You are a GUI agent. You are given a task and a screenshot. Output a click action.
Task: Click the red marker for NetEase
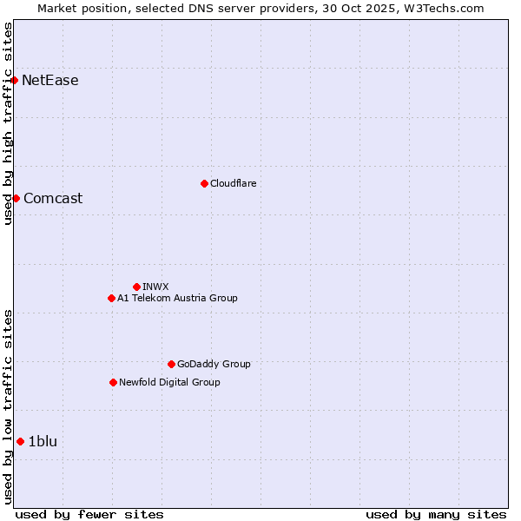(15, 81)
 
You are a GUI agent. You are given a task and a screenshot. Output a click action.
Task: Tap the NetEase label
(49, 81)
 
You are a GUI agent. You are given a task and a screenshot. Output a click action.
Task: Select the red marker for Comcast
(16, 198)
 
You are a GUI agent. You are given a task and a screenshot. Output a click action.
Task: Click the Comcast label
(53, 198)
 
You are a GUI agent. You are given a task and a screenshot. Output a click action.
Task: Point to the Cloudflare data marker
(204, 183)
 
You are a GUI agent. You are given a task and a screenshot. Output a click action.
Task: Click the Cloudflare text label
(233, 183)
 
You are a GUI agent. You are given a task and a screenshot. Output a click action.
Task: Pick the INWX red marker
(136, 287)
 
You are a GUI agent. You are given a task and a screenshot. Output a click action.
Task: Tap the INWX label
(155, 287)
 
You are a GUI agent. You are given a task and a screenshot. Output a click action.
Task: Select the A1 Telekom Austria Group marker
(111, 298)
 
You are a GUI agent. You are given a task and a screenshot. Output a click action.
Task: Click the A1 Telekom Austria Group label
(177, 298)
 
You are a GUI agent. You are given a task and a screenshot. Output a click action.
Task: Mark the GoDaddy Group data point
(171, 364)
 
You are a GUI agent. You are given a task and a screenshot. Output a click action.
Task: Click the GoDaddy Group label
(214, 364)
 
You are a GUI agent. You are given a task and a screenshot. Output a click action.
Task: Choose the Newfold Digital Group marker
(113, 382)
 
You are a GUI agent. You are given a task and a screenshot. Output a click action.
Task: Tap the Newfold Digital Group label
(169, 382)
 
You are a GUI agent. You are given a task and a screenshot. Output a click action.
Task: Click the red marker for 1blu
(20, 441)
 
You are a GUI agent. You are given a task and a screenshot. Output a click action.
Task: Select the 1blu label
(43, 441)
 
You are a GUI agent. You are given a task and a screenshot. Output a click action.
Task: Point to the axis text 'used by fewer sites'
(89, 514)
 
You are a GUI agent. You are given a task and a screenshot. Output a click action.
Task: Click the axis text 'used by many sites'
(436, 514)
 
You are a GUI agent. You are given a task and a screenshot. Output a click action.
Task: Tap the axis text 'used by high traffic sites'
(8, 123)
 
